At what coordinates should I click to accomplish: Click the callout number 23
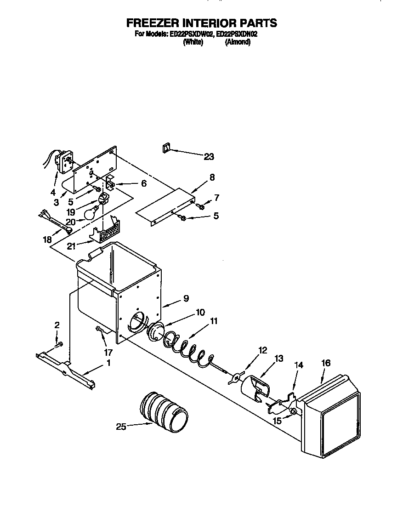tap(209, 157)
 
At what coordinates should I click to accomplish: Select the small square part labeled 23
tap(166, 148)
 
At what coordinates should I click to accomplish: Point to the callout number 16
tap(325, 363)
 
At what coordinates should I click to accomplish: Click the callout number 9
tap(186, 298)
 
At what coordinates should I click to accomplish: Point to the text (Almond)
tap(238, 42)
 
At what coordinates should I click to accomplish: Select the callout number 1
tap(108, 363)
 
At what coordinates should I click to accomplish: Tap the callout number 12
tap(262, 351)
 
